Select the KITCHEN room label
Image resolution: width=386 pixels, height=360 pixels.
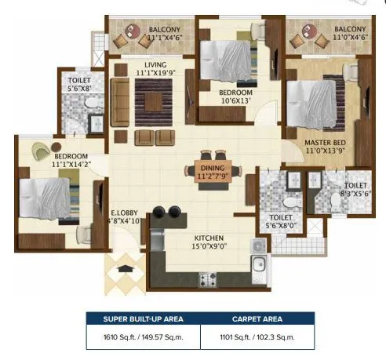pos(209,238)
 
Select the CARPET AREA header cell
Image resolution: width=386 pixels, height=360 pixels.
pos(257,318)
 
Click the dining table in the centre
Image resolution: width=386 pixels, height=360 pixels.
pos(209,166)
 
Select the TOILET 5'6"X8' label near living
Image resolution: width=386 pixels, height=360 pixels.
pos(79,85)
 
